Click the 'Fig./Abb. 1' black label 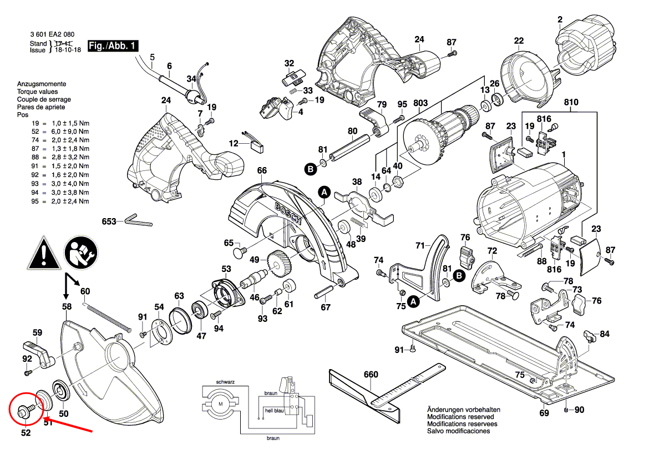tap(113, 46)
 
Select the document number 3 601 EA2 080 tap(53, 34)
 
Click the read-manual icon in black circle tap(79, 253)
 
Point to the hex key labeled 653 tap(136, 220)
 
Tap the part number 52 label tap(26, 433)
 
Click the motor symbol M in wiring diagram tap(221, 403)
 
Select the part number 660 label tap(371, 375)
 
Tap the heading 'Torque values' tap(37, 92)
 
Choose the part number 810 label tap(571, 103)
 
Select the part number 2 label tap(560, 21)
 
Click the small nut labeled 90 tap(565, 410)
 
